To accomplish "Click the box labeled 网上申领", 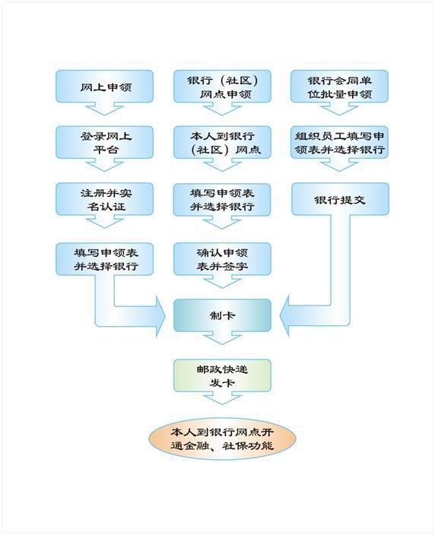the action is click(x=104, y=87).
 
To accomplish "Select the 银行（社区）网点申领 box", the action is click(x=222, y=87).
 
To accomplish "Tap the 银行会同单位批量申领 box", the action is click(x=339, y=87).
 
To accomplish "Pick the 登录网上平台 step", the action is click(x=104, y=142).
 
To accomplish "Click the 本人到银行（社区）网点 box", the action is click(x=222, y=142).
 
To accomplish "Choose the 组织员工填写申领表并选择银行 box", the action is click(x=339, y=142).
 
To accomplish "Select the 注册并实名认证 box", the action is click(x=104, y=199).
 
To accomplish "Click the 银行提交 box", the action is click(x=340, y=199).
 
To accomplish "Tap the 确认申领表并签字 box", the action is click(x=222, y=259).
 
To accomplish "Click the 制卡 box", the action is click(x=222, y=315).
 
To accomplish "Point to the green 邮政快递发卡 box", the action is click(x=222, y=375).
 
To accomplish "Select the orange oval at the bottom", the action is click(x=222, y=438).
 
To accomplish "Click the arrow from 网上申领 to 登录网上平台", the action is click(x=104, y=109).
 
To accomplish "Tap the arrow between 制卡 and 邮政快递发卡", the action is click(x=222, y=337).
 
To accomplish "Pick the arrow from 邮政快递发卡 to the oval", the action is click(x=222, y=398).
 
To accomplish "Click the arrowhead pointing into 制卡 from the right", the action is click(x=284, y=315).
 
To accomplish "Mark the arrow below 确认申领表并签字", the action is click(x=222, y=281).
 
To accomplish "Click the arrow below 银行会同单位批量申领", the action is click(x=339, y=109).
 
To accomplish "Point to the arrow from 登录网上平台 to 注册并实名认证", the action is click(x=104, y=165).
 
